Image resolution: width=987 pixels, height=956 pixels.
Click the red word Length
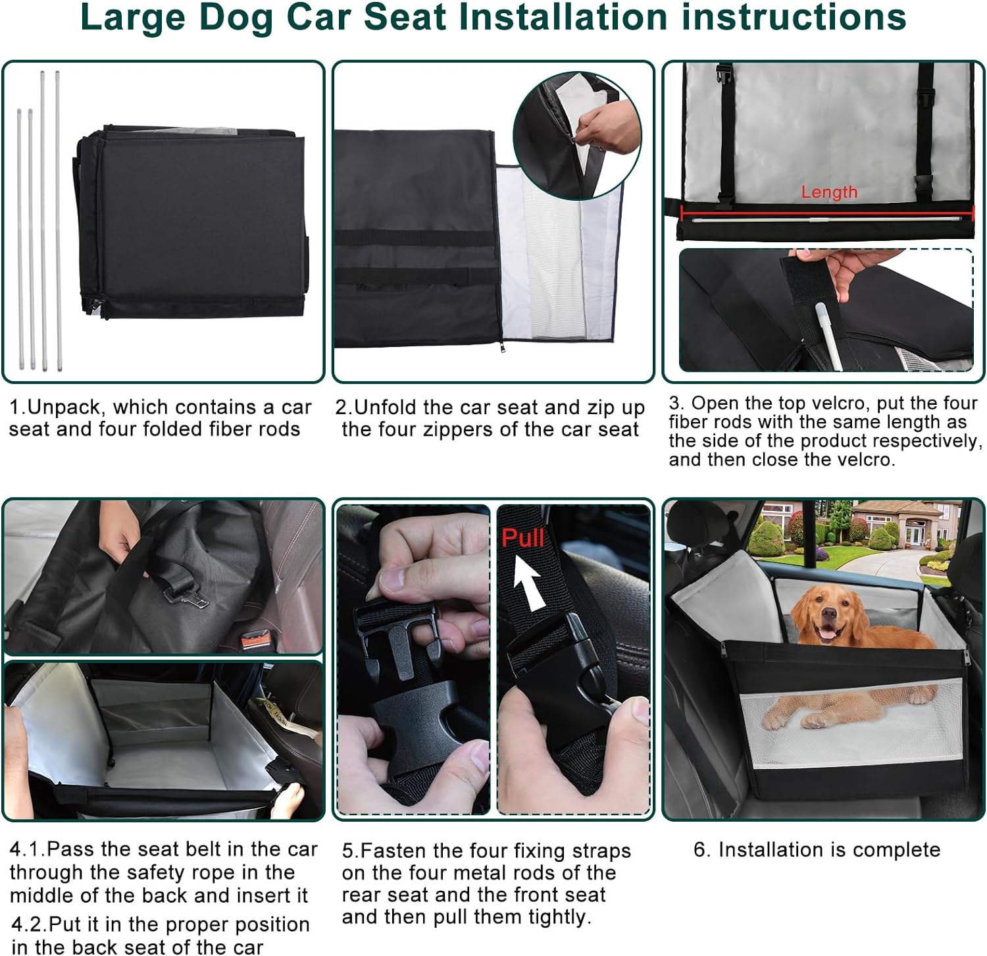pyautogui.click(x=829, y=192)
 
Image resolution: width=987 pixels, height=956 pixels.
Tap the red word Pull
pyautogui.click(x=522, y=538)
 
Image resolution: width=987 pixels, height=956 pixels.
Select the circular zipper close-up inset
pyautogui.click(x=577, y=135)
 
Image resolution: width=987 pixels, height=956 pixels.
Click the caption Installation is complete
pyautogui.click(x=817, y=849)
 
